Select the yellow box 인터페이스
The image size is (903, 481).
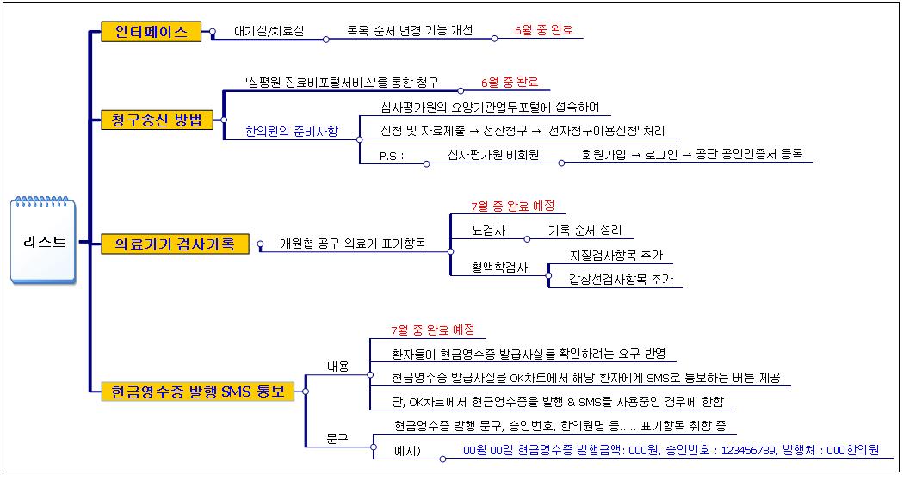151,31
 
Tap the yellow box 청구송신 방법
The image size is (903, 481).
157,120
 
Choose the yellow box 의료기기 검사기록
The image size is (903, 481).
175,244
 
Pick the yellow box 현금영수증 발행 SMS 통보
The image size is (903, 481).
197,392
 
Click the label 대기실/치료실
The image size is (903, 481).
269,31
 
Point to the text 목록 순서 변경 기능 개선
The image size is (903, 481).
410,30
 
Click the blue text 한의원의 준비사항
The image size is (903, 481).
292,132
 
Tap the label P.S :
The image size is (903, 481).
392,156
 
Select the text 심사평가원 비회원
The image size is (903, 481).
493,155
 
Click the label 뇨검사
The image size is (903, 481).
488,231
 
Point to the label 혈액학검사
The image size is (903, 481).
500,268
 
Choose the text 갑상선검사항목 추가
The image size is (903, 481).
621,279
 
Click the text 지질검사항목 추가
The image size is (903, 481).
616,255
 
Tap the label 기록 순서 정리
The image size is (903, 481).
585,230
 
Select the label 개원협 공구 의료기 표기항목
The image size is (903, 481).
353,244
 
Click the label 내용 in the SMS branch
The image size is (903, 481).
338,367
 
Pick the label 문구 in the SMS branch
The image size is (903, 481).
337,439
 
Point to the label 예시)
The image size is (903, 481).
407,451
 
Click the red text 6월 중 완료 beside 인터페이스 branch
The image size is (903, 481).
544,30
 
